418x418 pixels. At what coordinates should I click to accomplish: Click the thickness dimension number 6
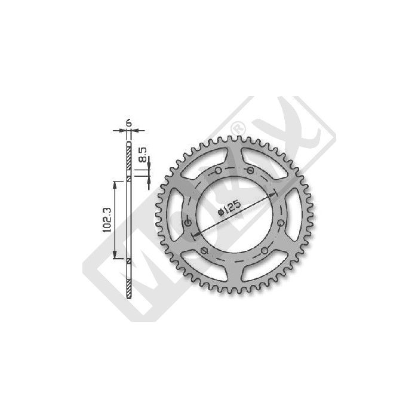pos(129,123)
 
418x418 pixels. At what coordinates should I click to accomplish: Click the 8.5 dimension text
pos(143,155)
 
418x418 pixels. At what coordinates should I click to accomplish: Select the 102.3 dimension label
pos(107,220)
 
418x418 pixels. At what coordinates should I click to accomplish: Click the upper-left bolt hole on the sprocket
pos(218,171)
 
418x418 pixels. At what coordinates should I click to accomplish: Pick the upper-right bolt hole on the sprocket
pos(250,170)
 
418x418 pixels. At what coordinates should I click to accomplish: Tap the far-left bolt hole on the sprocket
pos(188,223)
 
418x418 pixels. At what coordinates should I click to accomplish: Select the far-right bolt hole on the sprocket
pos(281,223)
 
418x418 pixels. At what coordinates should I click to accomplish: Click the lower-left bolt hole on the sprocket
pos(204,250)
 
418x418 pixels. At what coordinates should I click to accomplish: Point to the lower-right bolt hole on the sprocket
pos(265,251)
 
